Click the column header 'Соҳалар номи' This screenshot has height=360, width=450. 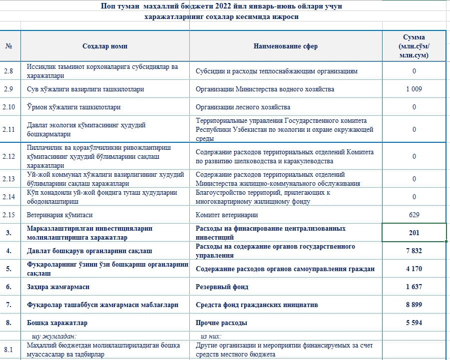(105, 46)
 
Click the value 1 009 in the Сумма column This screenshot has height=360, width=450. (414, 89)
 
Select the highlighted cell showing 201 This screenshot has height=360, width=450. (414, 233)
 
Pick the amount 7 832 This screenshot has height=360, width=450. (414, 251)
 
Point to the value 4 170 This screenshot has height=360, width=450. (414, 269)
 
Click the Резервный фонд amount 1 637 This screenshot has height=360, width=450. (414, 287)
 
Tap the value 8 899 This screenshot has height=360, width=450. (414, 305)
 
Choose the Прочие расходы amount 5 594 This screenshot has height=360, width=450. (414, 323)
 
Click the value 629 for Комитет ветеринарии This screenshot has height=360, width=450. (414, 215)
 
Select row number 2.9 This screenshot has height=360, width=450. (8, 89)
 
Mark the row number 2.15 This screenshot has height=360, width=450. (10, 215)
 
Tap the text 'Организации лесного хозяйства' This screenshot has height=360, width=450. (243, 107)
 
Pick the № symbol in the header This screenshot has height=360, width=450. (8, 46)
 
